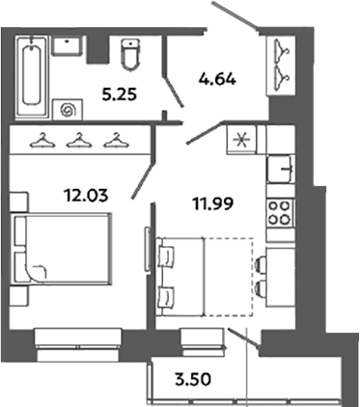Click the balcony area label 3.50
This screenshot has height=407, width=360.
(192, 375)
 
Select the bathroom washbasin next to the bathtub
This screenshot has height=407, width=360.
(68, 44)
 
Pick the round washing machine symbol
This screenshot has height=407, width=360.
(67, 109)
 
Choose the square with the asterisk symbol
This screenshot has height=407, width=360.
(240, 140)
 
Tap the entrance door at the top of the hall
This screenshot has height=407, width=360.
(236, 18)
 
